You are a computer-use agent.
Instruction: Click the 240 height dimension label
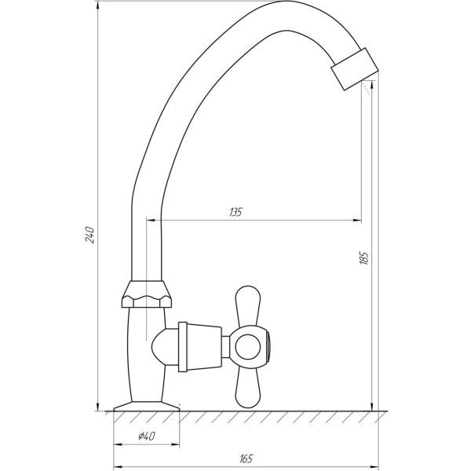(x=90, y=234)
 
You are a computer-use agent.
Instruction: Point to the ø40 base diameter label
(x=147, y=437)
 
